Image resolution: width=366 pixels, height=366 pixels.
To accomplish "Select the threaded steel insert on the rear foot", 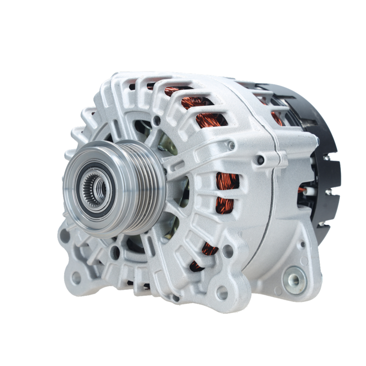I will tap(295, 280).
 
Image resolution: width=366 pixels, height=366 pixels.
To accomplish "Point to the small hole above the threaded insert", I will tap(302, 244).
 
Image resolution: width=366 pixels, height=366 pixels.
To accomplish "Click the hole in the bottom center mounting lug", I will tap(221, 292).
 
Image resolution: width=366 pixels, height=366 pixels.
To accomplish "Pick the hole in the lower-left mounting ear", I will tap(76, 278).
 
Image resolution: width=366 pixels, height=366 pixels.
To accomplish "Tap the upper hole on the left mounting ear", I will tap(65, 236).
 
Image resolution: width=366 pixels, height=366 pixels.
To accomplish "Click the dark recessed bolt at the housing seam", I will tap(260, 160).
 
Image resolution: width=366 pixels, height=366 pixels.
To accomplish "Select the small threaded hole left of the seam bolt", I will tap(231, 146).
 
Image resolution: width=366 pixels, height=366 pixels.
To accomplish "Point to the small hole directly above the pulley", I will tap(157, 120).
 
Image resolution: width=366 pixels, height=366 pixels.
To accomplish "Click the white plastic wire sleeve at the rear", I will tap(310, 191).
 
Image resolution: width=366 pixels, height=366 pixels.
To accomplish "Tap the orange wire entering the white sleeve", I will tap(301, 190).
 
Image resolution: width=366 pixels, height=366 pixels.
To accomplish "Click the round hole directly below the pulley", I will tap(115, 252).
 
